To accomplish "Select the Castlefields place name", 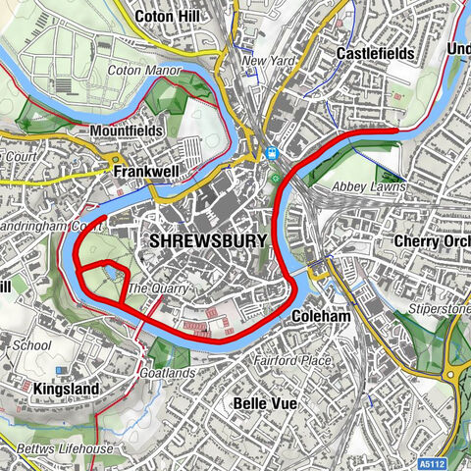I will click(x=374, y=52).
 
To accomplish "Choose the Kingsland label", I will click(x=66, y=390).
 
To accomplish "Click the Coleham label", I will click(x=319, y=317).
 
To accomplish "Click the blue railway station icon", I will click(x=270, y=153).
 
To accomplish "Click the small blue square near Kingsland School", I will click(x=61, y=369).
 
